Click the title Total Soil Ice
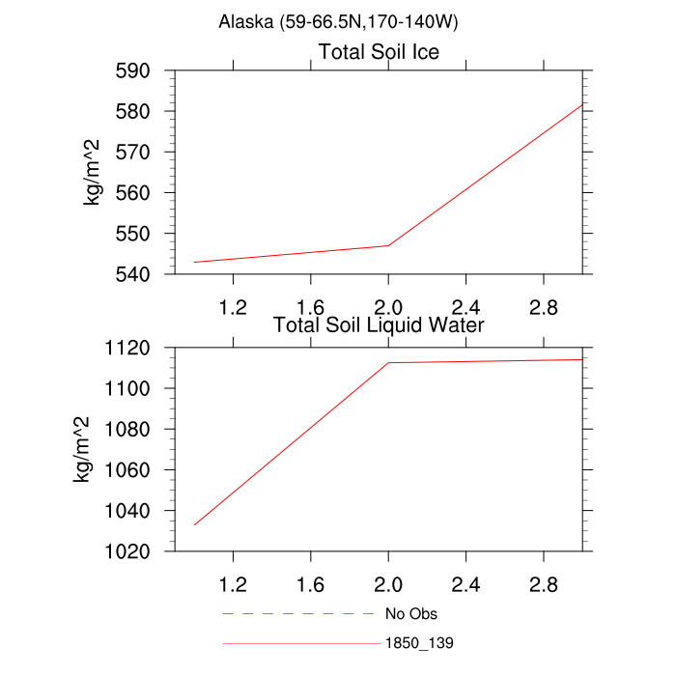[x=379, y=52]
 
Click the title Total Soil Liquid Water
[x=379, y=325]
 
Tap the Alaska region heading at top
[x=338, y=21]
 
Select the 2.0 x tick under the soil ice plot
[x=388, y=307]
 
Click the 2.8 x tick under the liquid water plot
[x=544, y=584]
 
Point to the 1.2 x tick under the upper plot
[x=233, y=307]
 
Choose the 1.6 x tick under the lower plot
[x=310, y=584]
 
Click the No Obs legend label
[x=411, y=613]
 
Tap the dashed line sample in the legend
[x=297, y=613]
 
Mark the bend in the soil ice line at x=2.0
[x=388, y=245]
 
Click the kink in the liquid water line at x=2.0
[x=388, y=363]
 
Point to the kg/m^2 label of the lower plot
[x=84, y=448]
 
